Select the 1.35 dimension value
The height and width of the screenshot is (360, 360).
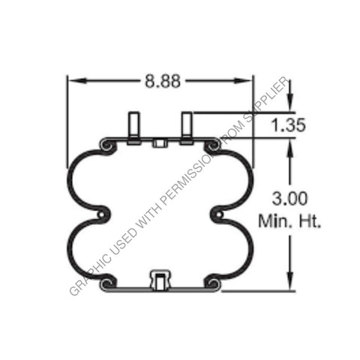point(288,125)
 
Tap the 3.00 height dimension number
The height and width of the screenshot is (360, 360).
point(288,199)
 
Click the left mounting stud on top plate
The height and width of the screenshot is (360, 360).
point(134,127)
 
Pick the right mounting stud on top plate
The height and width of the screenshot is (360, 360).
point(187,127)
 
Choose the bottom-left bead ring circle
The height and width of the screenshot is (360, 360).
point(106,283)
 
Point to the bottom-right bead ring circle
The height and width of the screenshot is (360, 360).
point(214,283)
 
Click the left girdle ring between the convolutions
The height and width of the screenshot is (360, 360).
point(103,216)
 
